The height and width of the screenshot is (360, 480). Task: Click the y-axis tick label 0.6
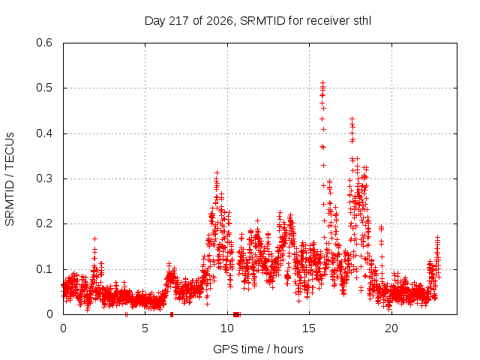pos(44,43)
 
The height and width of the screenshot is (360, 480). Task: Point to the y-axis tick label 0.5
pos(44,88)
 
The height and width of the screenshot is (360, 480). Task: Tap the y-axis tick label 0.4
pos(44,133)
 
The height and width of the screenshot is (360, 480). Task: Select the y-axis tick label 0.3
pos(44,178)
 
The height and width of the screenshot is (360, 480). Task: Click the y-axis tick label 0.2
pos(44,223)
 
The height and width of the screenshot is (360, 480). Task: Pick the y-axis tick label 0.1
pos(44,269)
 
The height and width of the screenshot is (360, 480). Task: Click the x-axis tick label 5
pos(145,328)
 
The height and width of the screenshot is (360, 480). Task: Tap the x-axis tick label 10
pos(227,328)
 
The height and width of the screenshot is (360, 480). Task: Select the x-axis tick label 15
pos(309,328)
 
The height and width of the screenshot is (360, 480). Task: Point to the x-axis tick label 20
pos(391,328)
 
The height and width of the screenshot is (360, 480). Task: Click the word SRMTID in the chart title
pos(262,21)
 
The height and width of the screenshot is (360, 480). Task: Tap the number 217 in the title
pos(178,21)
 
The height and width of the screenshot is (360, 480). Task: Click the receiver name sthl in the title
pos(362,21)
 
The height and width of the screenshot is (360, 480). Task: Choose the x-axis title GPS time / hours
pos(258,349)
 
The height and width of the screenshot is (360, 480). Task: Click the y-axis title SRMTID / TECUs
pos(10,179)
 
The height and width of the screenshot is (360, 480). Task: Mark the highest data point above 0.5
pos(322,82)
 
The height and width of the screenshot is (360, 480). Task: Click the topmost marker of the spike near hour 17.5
pos(352,118)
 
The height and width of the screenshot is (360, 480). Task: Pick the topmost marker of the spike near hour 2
pos(95,238)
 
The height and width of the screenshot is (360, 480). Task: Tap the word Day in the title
pos(154,22)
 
